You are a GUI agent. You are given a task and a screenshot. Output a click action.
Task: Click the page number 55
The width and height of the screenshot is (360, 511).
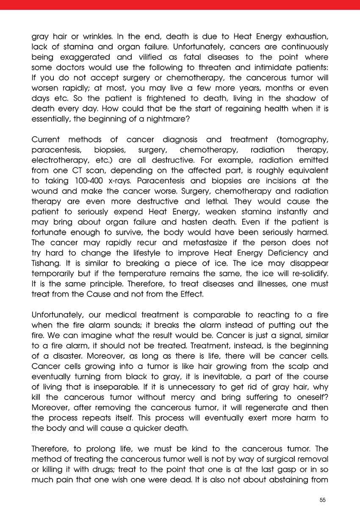(x=323, y=500)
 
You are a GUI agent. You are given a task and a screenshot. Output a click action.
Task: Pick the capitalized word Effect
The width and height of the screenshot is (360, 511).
(x=192, y=294)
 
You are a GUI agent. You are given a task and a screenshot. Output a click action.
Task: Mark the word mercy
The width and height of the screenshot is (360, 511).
(x=184, y=397)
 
